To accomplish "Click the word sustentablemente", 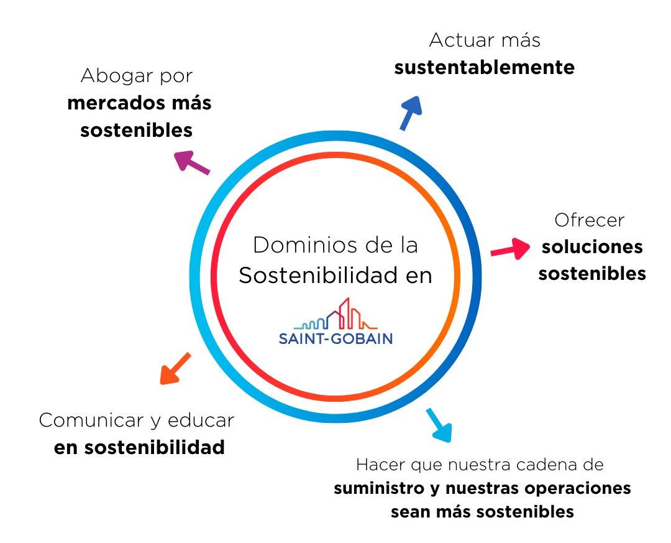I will tap(485, 67).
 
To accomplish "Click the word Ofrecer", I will tap(589, 220).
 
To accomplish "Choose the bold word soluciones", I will tap(592, 247).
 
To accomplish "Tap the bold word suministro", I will tap(379, 488).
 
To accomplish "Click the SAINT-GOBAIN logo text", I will tap(335, 339).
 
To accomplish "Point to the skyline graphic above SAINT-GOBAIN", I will tap(335, 315).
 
